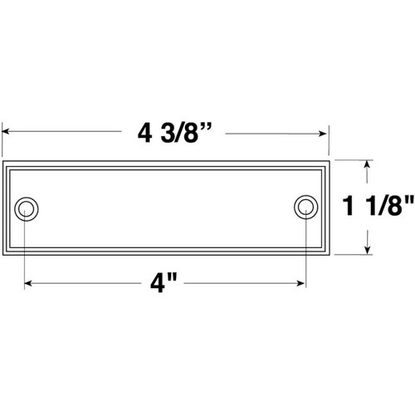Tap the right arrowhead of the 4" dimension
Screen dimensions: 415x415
tap(302, 284)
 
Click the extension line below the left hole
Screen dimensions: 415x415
tap(26, 249)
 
